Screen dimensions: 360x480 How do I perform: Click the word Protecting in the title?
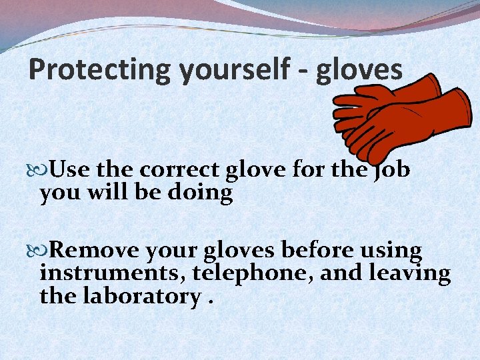(x=100, y=69)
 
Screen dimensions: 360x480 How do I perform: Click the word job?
(x=391, y=171)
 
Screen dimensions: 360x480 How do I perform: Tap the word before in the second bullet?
(x=312, y=251)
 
